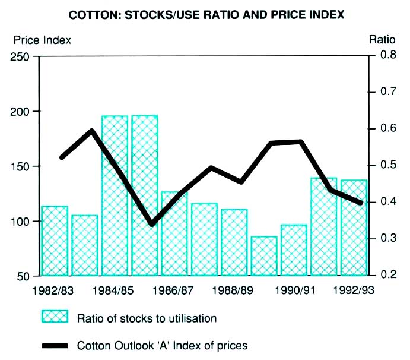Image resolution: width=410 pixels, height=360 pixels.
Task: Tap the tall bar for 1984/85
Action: coord(115,196)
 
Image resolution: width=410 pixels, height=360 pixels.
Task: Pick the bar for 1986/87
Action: coord(174,234)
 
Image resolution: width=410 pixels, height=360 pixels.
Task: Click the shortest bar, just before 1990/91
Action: coord(264,256)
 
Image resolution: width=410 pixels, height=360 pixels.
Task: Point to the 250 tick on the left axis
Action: coord(22,56)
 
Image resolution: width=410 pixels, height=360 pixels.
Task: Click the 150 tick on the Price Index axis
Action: coord(22,166)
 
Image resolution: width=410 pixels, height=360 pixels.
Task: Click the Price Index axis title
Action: coord(42,40)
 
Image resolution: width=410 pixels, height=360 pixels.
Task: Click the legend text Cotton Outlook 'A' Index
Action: coord(162,345)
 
